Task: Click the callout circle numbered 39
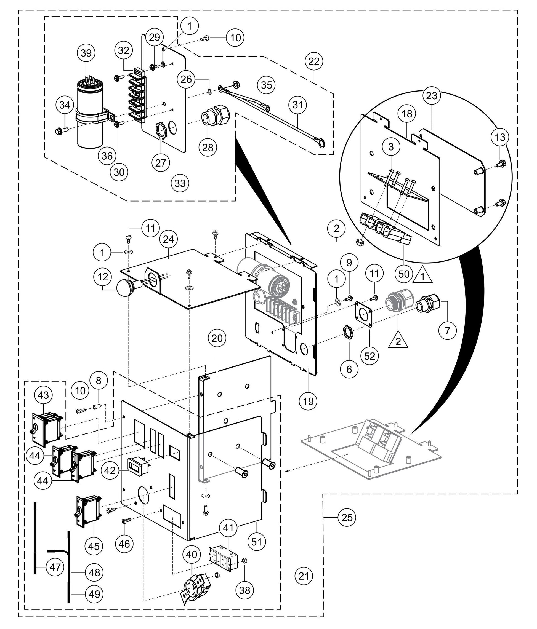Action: pyautogui.click(x=86, y=53)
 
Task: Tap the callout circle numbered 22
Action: pyautogui.click(x=314, y=61)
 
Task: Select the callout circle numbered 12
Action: pyautogui.click(x=103, y=277)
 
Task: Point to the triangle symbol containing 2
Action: pyautogui.click(x=398, y=340)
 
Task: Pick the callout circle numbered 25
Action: pyautogui.click(x=347, y=517)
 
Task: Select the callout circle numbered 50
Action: pyautogui.click(x=404, y=274)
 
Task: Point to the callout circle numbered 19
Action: pyautogui.click(x=308, y=401)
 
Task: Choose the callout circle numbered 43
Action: pyautogui.click(x=43, y=395)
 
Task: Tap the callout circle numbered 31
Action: pyautogui.click(x=298, y=105)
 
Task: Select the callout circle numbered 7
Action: pyautogui.click(x=447, y=330)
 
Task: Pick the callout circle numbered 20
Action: pyautogui.click(x=217, y=338)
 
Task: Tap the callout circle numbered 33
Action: pyautogui.click(x=180, y=183)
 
